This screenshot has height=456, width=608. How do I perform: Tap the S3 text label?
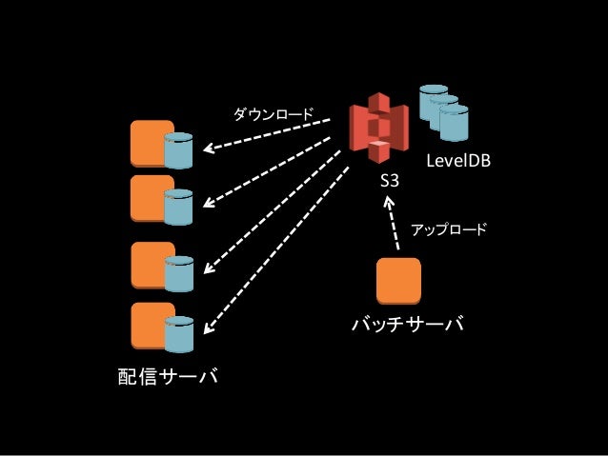point(390,180)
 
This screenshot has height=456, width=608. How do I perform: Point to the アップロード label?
point(448,229)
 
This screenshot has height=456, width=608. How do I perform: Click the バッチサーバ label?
point(408,326)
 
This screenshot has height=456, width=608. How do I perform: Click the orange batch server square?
point(398,280)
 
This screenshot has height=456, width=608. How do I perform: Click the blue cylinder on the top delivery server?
point(179,150)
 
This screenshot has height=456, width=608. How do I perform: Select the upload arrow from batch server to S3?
point(393,227)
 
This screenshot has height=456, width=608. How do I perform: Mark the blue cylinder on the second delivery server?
point(179,207)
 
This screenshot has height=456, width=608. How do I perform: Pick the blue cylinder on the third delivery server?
point(179,272)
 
